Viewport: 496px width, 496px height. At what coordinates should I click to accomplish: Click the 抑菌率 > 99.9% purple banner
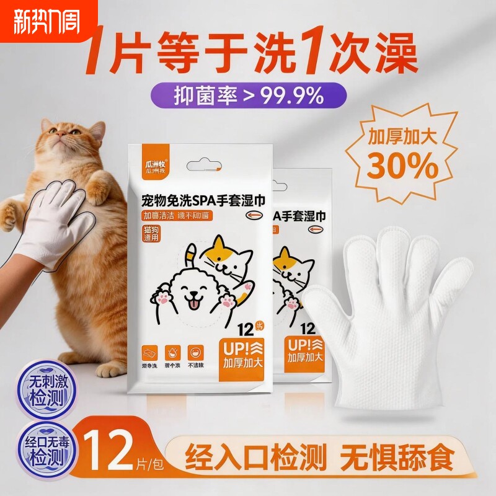tap(247, 95)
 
